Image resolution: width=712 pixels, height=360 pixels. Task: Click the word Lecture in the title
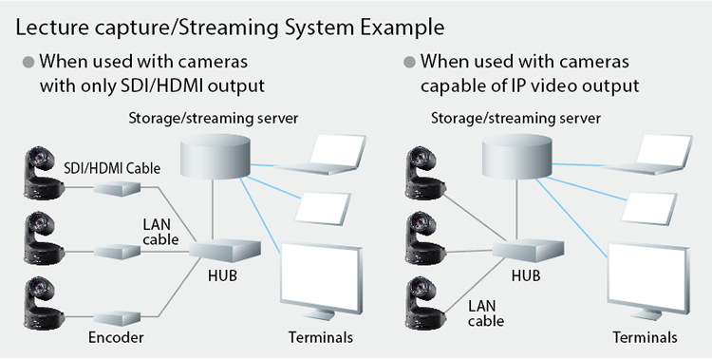[52, 28]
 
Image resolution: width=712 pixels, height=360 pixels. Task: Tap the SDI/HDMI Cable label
[112, 168]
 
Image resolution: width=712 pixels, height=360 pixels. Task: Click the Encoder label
[116, 337]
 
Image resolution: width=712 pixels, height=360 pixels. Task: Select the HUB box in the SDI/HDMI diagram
[225, 249]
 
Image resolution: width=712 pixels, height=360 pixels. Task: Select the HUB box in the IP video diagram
[528, 249]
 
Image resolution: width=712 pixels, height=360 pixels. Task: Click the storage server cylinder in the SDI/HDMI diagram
[215, 156]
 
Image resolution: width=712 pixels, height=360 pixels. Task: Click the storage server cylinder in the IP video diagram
[517, 156]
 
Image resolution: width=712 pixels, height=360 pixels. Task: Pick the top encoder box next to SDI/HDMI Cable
[117, 188]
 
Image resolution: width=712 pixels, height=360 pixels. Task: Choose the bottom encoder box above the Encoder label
[117, 317]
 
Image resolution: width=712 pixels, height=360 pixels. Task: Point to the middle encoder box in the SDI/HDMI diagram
[117, 252]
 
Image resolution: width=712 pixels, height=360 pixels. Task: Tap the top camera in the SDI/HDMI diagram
[44, 173]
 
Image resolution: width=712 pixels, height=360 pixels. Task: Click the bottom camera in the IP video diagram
[424, 303]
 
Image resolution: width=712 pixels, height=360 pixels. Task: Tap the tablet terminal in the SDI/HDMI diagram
[324, 208]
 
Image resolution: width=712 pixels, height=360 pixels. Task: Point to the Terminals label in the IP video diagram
[645, 337]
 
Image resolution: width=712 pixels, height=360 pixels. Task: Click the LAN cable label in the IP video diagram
[486, 313]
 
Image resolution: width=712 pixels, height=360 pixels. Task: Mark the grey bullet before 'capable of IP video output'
[409, 62]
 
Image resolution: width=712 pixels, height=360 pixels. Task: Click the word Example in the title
[403, 28]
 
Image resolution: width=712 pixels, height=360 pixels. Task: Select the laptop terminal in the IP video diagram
[648, 154]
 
